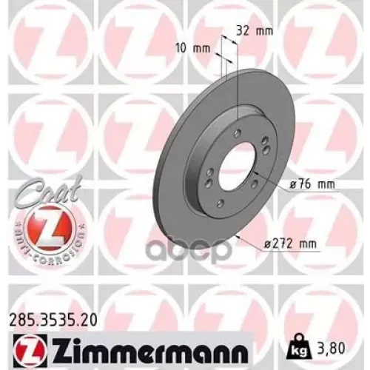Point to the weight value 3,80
(326, 344)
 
